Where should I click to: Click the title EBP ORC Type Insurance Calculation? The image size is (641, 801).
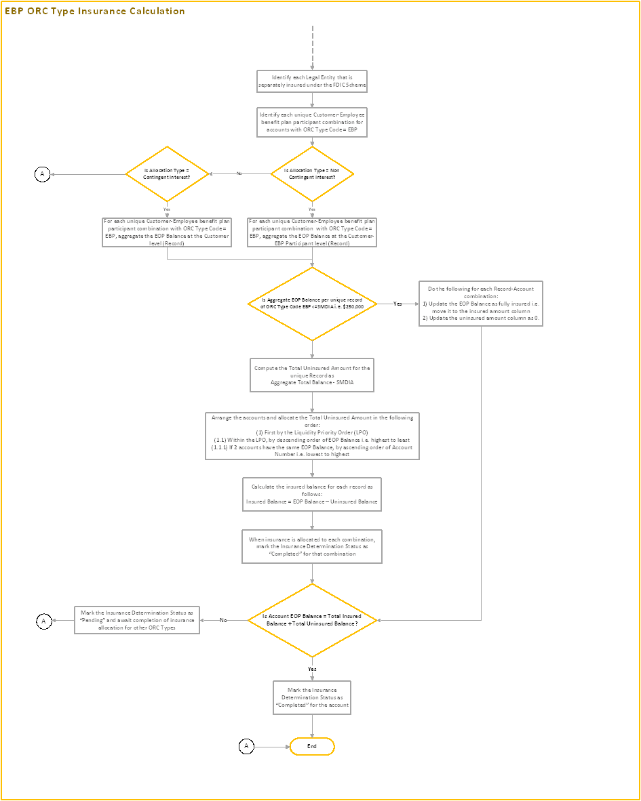[94, 11]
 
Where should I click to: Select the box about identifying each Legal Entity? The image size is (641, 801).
[312, 82]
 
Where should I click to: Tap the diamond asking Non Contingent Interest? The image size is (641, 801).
[312, 174]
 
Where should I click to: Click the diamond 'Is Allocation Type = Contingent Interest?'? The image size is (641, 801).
[167, 174]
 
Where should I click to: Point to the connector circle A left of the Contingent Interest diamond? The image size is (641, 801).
[42, 174]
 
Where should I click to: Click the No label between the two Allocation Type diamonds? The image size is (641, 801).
[239, 174]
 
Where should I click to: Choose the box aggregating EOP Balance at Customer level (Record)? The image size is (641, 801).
[167, 232]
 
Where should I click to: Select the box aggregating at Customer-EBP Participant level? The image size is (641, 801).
[312, 232]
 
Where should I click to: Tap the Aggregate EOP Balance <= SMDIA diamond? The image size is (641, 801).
[312, 304]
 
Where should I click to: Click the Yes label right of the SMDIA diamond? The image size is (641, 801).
[397, 304]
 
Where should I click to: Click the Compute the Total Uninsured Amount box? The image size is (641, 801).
[312, 375]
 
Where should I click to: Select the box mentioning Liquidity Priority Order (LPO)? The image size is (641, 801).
[312, 436]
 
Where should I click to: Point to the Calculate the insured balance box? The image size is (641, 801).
[312, 494]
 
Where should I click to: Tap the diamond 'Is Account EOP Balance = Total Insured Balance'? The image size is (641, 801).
[312, 620]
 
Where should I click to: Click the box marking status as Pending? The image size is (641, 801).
[137, 620]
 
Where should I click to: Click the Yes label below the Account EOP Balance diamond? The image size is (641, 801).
[312, 668]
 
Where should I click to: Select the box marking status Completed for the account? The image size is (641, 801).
[312, 697]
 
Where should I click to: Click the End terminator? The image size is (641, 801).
[312, 746]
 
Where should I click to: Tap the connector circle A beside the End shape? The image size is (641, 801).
[246, 746]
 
